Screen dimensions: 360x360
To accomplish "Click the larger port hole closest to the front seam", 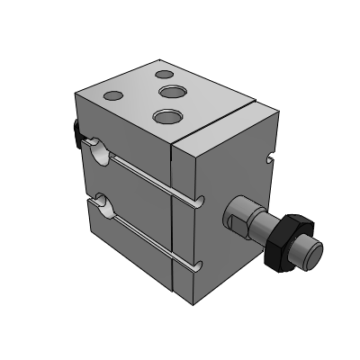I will [165, 115].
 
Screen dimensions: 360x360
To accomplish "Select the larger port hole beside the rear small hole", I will [171, 92].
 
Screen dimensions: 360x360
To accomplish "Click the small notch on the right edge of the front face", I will [270, 162].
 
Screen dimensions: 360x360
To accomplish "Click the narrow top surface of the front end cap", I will [225, 126].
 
